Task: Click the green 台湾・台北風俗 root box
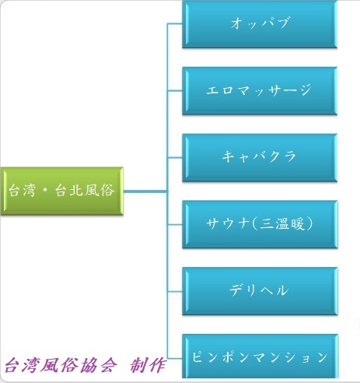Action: (62, 191)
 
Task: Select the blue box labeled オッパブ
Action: (260, 24)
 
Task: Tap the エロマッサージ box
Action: (260, 91)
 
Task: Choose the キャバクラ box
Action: (260, 157)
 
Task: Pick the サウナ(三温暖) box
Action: (260, 224)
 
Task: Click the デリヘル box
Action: (260, 291)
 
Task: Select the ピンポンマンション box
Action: (260, 356)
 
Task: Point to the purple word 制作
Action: (148, 365)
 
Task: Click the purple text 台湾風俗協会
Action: (61, 365)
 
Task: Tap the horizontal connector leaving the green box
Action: (145, 191)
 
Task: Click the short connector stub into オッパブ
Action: (175, 24)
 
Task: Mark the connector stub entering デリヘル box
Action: (175, 291)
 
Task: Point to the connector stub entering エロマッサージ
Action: (175, 91)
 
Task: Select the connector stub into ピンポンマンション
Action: (175, 358)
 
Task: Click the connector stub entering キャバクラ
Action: (175, 157)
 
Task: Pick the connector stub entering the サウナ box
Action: (175, 224)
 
